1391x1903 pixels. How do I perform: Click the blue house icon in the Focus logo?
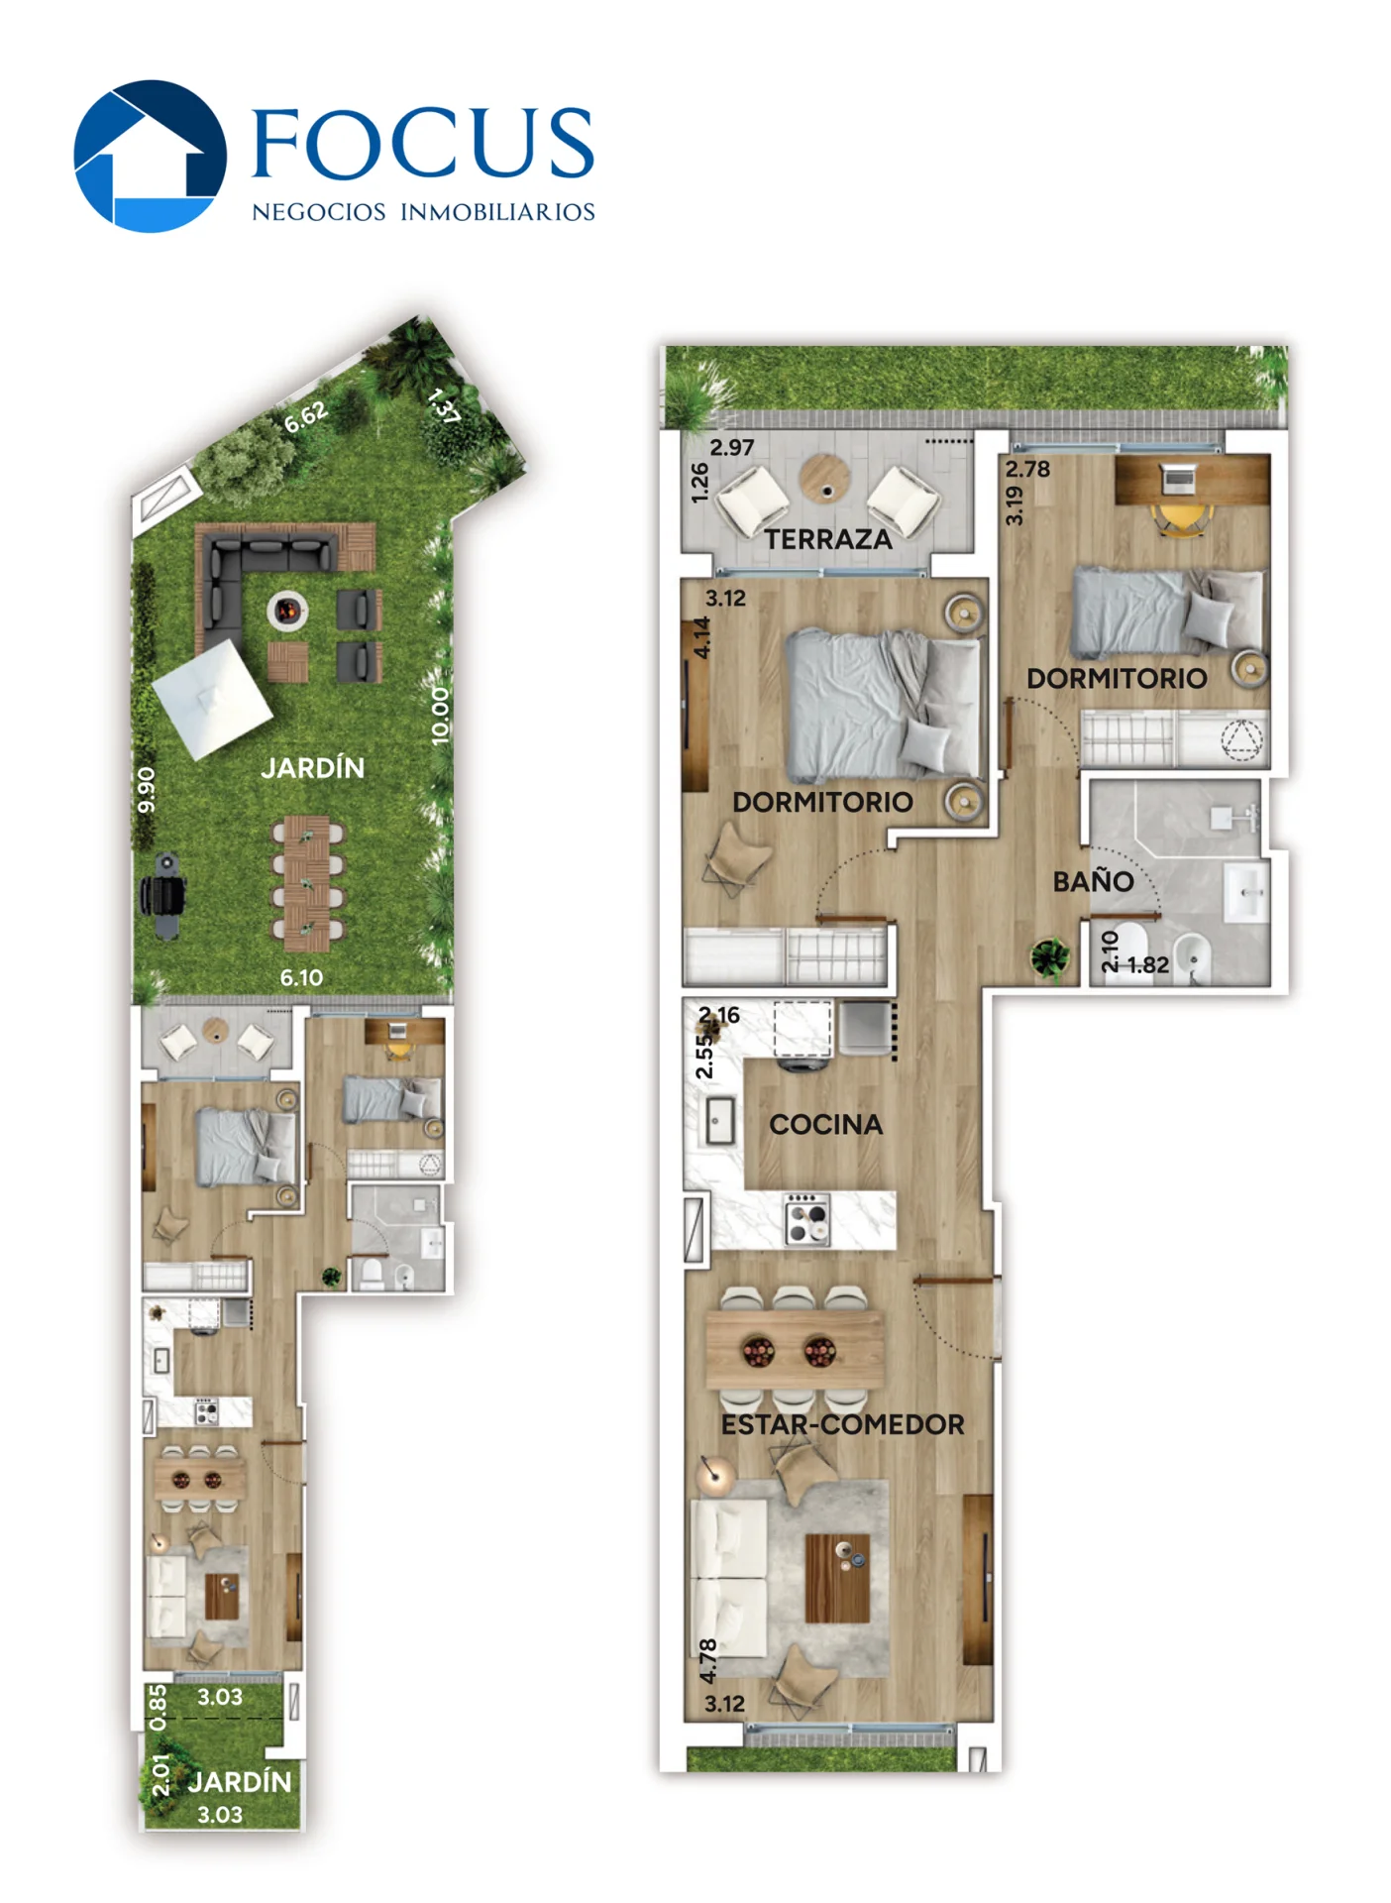point(151,156)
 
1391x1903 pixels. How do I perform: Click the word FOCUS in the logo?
point(423,144)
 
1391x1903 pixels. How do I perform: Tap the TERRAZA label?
point(827,539)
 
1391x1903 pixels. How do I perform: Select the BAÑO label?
point(1093,880)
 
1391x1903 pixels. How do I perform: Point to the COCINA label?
point(825,1124)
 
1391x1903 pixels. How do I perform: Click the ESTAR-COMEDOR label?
point(842,1424)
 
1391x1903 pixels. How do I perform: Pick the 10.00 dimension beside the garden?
point(440,716)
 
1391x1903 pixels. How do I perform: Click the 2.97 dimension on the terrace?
point(731,447)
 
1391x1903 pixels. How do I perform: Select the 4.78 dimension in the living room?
point(707,1660)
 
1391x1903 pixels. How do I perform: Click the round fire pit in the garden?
point(287,611)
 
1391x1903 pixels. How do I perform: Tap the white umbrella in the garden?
point(212,699)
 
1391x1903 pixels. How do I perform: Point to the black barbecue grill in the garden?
point(163,895)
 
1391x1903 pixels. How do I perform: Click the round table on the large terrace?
point(825,478)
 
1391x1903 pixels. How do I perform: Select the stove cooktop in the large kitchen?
point(806,1219)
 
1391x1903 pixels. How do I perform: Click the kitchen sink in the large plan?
point(719,1121)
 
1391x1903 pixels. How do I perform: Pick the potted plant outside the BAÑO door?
point(1049,957)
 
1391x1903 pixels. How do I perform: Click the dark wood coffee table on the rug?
point(837,1578)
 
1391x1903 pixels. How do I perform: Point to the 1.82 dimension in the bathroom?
point(1147,964)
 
